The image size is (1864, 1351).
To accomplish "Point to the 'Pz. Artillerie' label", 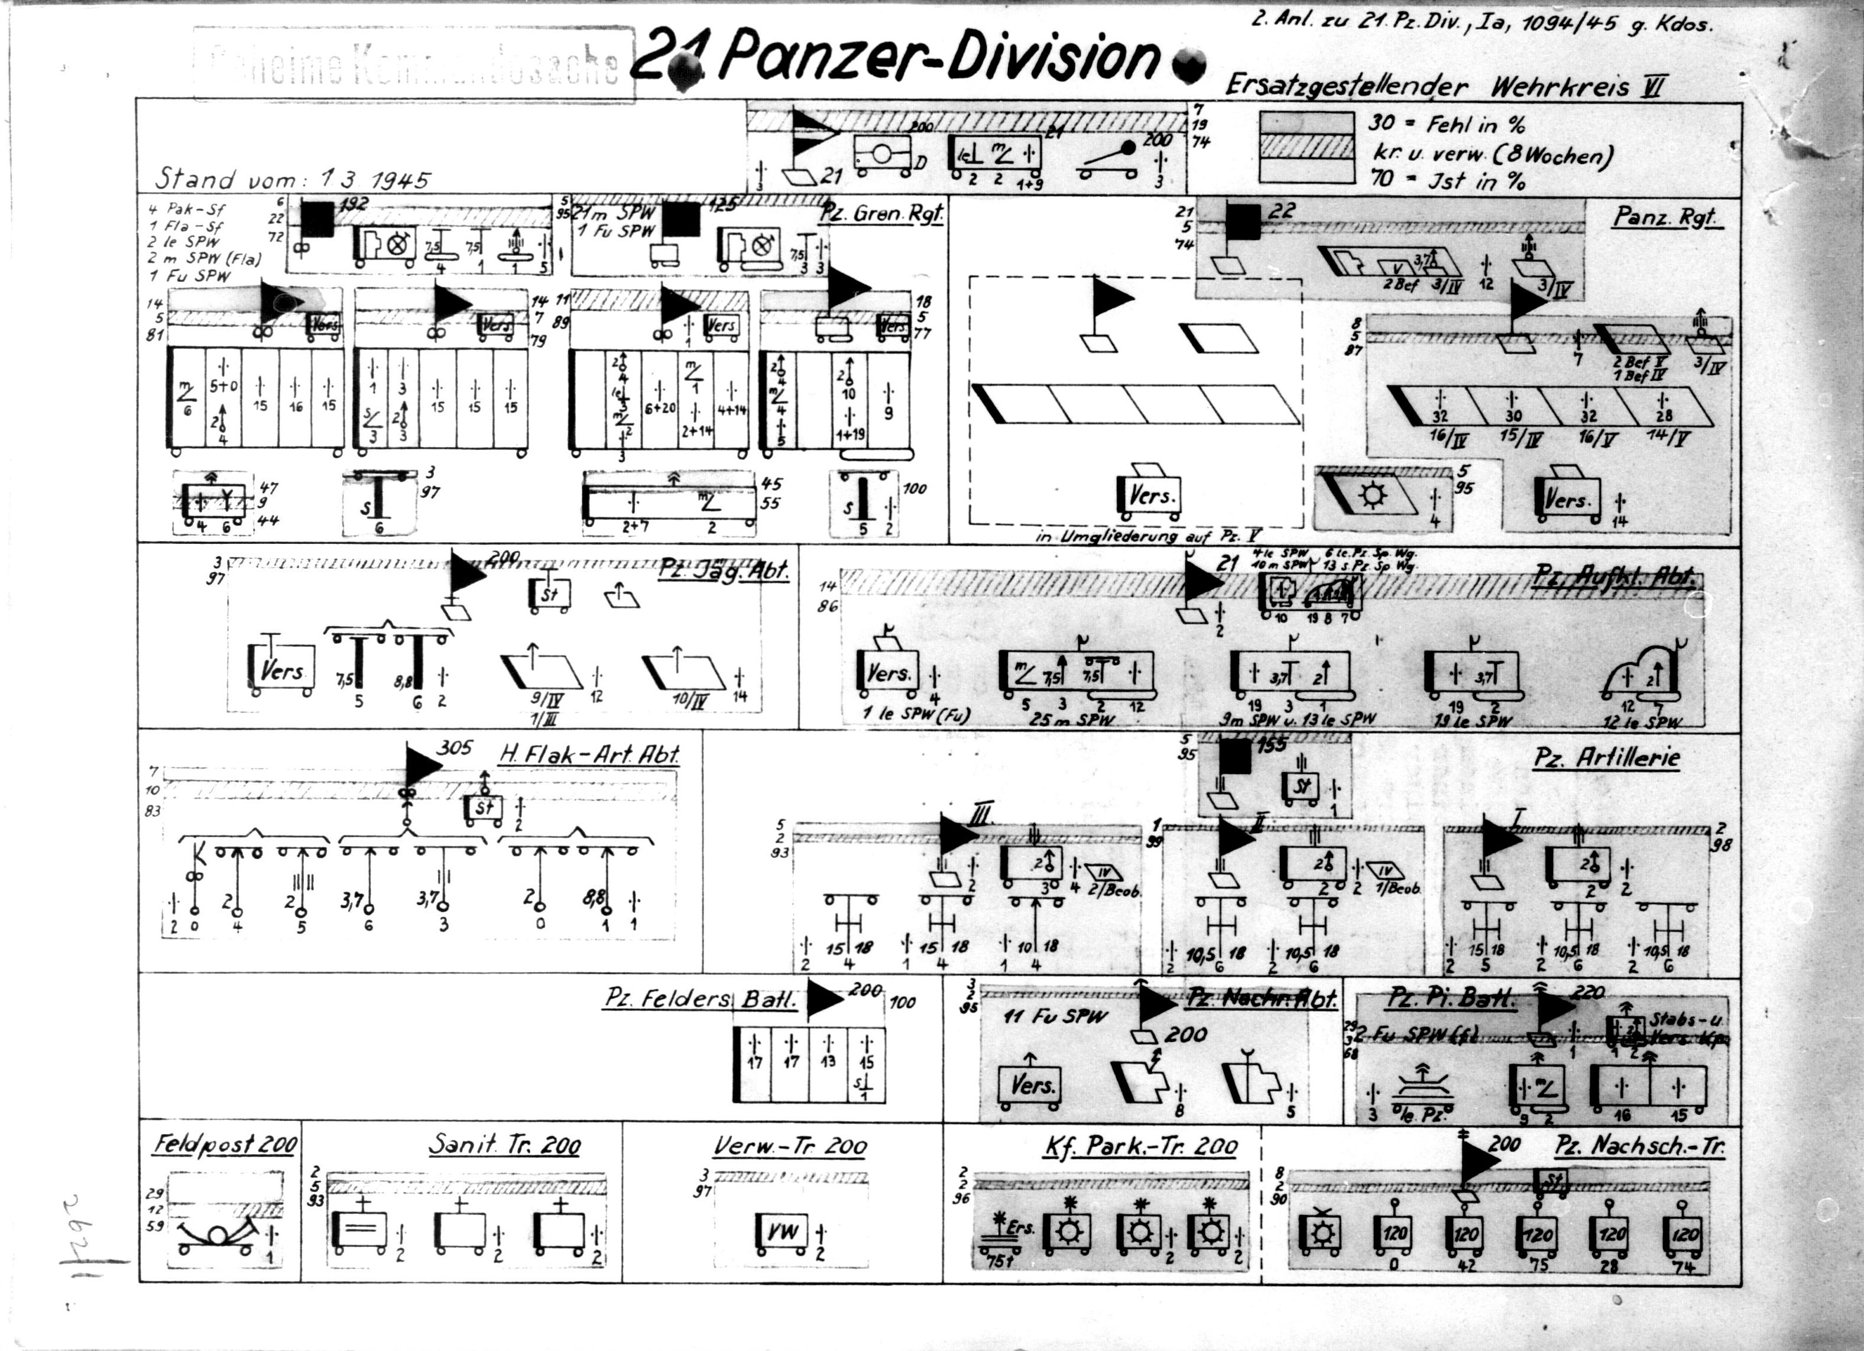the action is tap(1607, 757).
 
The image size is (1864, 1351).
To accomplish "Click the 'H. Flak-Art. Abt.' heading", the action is tap(589, 754).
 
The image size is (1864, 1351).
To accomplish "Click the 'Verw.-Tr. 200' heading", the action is tap(789, 1146).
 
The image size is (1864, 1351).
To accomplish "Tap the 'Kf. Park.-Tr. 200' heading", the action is tap(1141, 1146).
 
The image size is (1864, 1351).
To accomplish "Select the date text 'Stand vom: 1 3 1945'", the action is tap(293, 179).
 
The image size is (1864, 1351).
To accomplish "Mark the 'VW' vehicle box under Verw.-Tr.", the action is tap(782, 1232).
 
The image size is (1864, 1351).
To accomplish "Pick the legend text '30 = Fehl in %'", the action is tap(1447, 125).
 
